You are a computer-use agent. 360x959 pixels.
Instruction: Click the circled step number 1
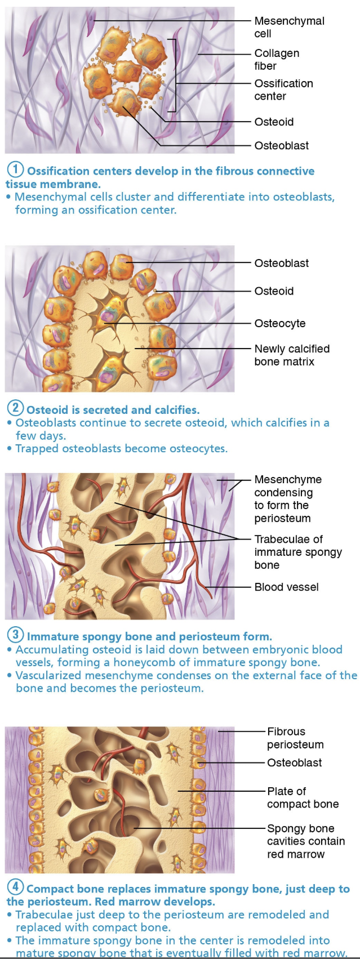click(x=15, y=169)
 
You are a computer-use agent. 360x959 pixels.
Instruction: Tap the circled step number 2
click(x=15, y=408)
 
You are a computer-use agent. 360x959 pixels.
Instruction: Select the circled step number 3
click(x=15, y=635)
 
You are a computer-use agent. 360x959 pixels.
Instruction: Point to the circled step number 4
click(x=15, y=887)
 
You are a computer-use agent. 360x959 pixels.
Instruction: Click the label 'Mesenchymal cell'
click(x=289, y=27)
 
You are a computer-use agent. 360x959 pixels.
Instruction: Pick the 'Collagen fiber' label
click(x=277, y=59)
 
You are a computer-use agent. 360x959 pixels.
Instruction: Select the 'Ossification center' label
click(x=283, y=90)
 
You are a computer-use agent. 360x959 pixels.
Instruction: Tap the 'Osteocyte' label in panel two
click(x=279, y=323)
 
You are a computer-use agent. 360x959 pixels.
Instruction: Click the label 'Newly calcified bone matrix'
click(x=292, y=355)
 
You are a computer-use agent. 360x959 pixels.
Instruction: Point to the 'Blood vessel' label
click(x=286, y=587)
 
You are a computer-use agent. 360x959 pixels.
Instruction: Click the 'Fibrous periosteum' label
click(x=295, y=738)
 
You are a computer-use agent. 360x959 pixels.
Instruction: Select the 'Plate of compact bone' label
click(x=303, y=797)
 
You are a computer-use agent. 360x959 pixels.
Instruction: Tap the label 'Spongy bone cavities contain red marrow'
click(x=305, y=841)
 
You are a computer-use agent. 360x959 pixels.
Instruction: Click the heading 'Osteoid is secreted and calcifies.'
click(x=113, y=410)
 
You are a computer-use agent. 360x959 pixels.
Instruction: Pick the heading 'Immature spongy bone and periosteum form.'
click(x=149, y=637)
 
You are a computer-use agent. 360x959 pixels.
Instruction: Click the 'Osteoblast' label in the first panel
click(x=281, y=145)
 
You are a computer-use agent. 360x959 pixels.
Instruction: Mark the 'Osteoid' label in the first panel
click(x=274, y=122)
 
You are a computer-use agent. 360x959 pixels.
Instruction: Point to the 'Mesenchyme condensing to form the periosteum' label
click(x=288, y=498)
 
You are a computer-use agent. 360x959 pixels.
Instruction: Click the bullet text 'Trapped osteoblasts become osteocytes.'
click(x=121, y=448)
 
